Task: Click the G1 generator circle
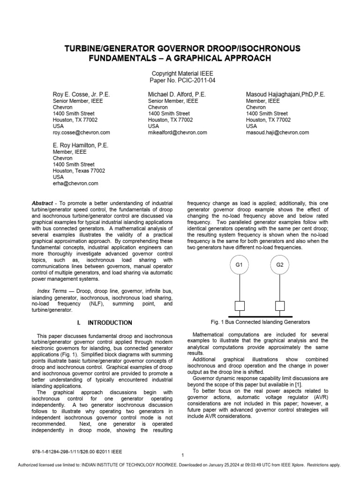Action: (238, 265)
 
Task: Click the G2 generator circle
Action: (280, 265)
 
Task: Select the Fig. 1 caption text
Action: (261, 322)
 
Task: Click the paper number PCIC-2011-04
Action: (180, 81)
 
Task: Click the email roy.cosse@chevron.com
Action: (81, 133)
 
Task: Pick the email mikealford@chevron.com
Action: (177, 133)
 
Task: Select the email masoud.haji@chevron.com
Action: (277, 133)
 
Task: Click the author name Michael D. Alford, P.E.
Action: (177, 94)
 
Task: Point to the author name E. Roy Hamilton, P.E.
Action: (80, 145)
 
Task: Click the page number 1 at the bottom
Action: (182, 455)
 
